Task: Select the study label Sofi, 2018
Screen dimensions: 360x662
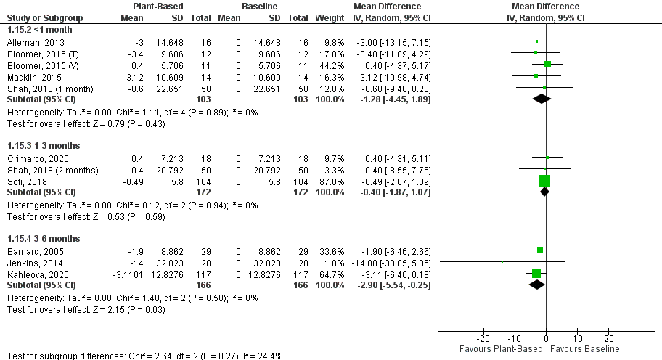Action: tap(23, 181)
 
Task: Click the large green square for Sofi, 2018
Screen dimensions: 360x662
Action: tap(544, 181)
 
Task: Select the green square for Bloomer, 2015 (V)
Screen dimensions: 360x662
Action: tap(547, 65)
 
